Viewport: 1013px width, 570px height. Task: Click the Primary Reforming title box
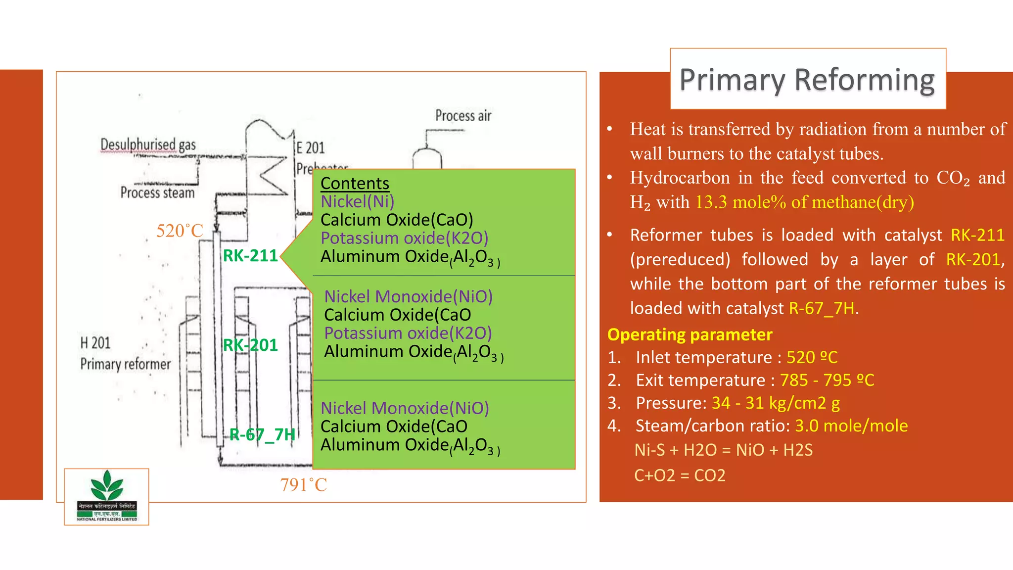click(807, 79)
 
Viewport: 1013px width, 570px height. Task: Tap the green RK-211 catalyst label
click(250, 256)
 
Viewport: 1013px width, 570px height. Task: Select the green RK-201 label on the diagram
click(250, 345)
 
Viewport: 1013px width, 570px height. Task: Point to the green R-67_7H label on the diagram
click(262, 434)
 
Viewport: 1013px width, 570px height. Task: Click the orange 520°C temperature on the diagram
click(180, 231)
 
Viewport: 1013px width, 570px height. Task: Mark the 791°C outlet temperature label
click(303, 485)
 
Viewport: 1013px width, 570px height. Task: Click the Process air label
click(463, 116)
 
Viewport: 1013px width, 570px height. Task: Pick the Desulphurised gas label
click(148, 145)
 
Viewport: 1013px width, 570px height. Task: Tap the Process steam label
click(157, 192)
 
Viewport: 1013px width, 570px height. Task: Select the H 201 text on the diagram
click(95, 343)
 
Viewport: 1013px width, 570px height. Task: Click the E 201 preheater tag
click(311, 148)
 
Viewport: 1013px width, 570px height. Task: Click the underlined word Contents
click(355, 184)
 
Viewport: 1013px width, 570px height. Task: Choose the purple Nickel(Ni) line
click(357, 202)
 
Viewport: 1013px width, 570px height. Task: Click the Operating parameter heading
click(690, 335)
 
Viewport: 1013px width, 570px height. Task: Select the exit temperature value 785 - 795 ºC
click(827, 380)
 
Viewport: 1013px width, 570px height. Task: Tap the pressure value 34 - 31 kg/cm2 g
click(775, 403)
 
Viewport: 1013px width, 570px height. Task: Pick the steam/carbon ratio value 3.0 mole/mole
click(851, 426)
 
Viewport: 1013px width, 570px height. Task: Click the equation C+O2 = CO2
click(680, 475)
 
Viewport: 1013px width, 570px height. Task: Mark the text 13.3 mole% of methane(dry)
click(804, 202)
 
